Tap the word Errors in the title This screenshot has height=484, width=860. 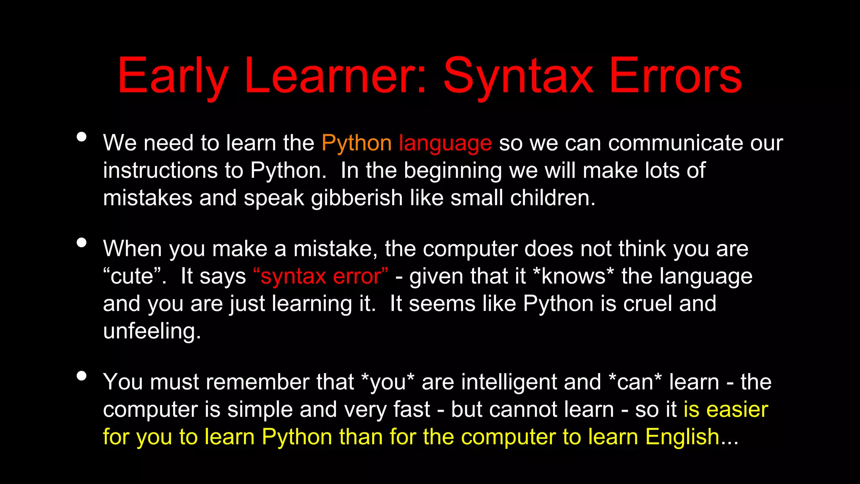(675, 76)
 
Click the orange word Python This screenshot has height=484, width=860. (357, 143)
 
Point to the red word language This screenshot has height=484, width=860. (445, 143)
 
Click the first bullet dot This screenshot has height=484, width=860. (82, 137)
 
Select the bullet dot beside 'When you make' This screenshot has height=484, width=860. (82, 243)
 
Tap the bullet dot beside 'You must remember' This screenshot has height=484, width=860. (82, 376)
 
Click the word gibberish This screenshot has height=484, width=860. (357, 198)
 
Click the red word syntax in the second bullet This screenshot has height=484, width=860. (293, 276)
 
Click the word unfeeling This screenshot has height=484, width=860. (152, 331)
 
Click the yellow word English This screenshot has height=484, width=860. (682, 437)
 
